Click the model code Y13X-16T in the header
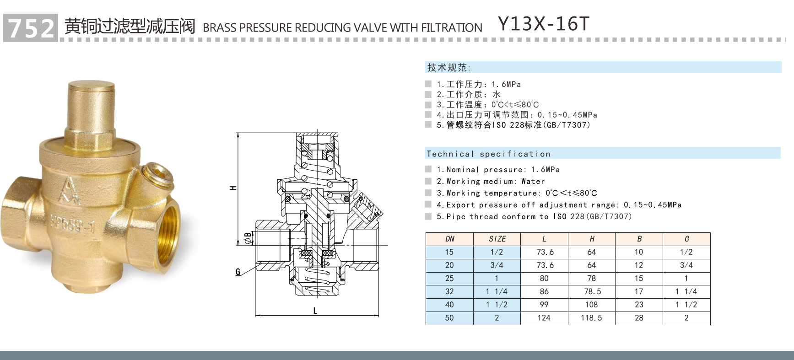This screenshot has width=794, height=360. point(543,24)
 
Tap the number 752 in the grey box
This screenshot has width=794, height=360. point(31,28)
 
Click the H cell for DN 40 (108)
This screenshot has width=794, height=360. point(591,305)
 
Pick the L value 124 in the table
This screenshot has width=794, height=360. point(544,318)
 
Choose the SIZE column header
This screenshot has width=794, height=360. point(497,239)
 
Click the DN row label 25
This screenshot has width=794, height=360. point(449,278)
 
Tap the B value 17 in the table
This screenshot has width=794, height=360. point(639,291)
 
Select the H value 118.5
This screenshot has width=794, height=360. point(591,318)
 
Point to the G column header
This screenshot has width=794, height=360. point(686,239)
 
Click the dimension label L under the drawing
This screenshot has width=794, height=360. point(315,311)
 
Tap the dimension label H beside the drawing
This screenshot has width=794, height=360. point(233,188)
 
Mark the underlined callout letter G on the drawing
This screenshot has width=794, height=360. point(238,272)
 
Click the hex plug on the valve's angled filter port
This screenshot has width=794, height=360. point(157,174)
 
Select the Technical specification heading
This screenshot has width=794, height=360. point(488,154)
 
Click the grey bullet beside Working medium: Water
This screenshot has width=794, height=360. point(428,181)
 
